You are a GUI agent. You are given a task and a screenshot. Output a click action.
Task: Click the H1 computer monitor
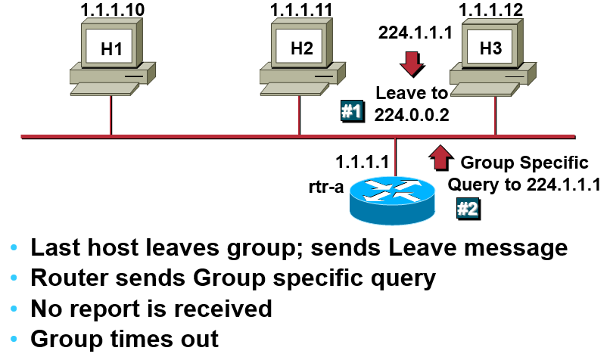(111, 47)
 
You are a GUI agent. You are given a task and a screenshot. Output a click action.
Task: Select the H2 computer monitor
(301, 47)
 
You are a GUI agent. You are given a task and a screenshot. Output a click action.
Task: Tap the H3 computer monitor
(490, 47)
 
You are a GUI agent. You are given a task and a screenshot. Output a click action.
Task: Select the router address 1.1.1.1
(363, 161)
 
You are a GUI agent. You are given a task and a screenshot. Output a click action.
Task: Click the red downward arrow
(412, 65)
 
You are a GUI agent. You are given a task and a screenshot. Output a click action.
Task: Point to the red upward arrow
(440, 157)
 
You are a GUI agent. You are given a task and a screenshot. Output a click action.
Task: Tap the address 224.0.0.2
(412, 113)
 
